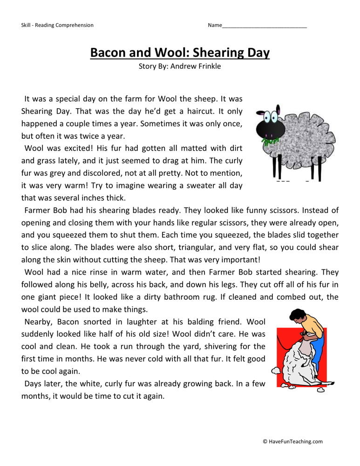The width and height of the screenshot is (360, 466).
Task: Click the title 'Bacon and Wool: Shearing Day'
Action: pos(180,52)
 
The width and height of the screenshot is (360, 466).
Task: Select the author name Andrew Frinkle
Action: pos(196,66)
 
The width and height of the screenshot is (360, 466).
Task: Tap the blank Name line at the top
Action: pos(265,25)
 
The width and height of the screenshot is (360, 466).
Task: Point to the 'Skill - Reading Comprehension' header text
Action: pos(57,25)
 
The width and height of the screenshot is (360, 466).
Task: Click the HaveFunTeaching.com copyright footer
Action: pos(292,441)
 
